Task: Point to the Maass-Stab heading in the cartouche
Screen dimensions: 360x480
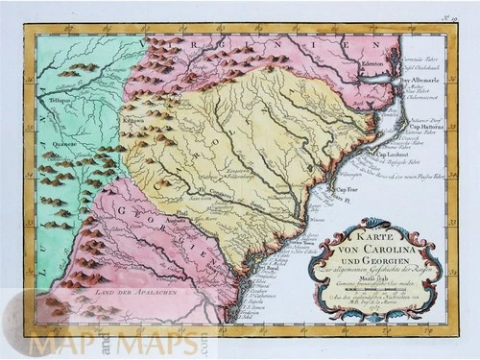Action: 362,279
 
